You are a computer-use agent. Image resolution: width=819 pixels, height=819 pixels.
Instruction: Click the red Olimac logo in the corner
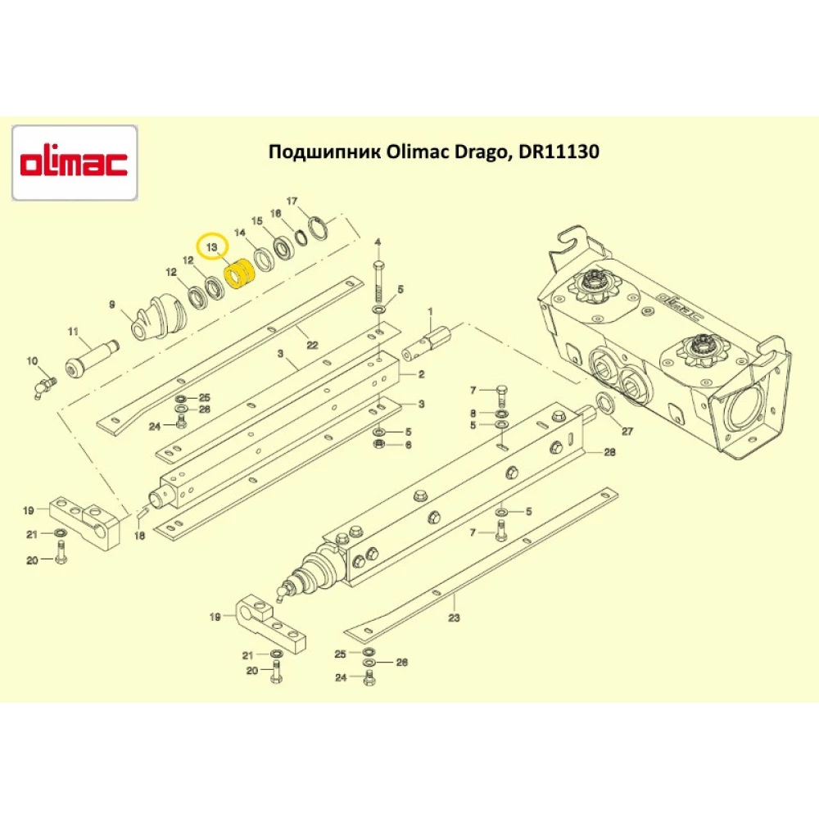(x=74, y=163)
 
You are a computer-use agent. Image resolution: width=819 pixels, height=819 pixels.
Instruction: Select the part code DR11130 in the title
(x=560, y=152)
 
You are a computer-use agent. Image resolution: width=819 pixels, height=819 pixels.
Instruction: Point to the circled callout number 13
(x=212, y=246)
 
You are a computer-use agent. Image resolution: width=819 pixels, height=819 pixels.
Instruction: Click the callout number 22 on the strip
(x=312, y=345)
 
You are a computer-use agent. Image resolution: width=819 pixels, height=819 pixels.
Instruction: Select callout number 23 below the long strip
(x=455, y=621)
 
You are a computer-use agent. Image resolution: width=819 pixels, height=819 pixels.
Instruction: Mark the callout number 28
(x=609, y=452)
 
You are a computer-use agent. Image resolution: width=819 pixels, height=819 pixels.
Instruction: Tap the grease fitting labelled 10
(x=41, y=383)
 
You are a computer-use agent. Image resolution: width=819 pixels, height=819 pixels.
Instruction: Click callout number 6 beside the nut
(x=407, y=445)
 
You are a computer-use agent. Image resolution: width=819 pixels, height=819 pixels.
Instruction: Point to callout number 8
(x=473, y=413)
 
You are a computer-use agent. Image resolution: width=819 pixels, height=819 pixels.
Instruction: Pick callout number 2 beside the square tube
(x=421, y=374)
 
